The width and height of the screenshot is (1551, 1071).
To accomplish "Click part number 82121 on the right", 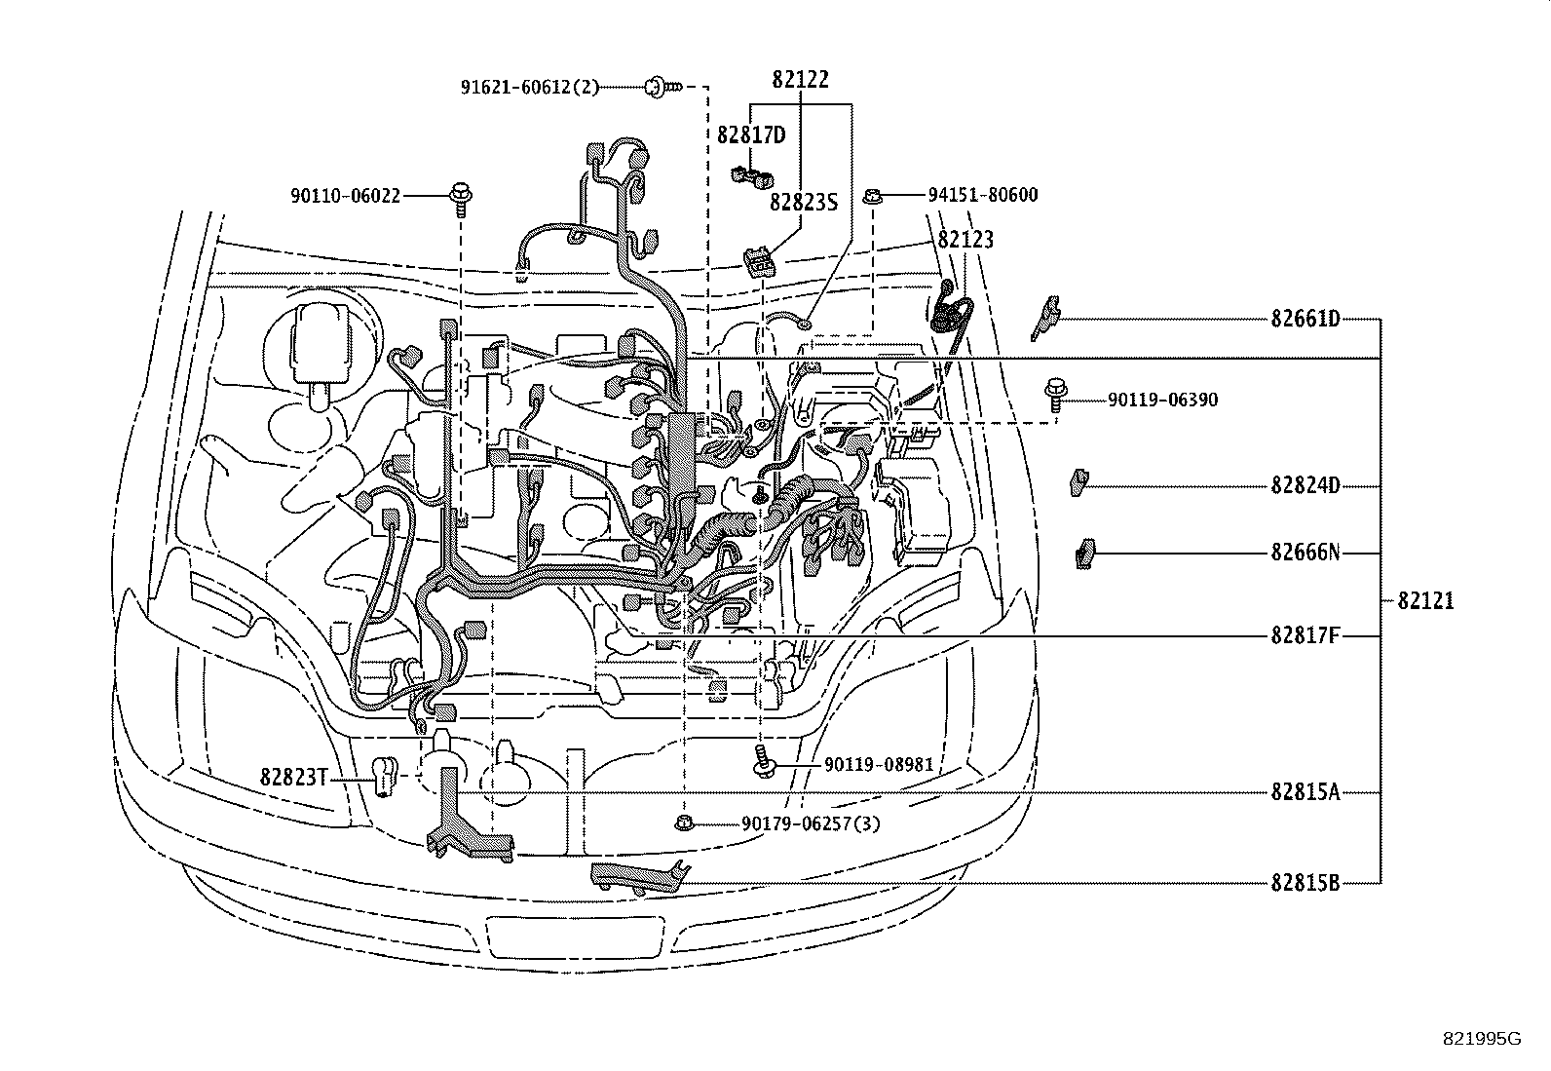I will coord(1424,601).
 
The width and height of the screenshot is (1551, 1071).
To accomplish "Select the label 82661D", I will coord(1305,319).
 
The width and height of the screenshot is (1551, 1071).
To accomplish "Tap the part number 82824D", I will coord(1305,485).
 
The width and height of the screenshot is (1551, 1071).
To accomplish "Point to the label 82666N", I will coord(1305,553).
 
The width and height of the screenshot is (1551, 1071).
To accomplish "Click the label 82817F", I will coord(1305,635).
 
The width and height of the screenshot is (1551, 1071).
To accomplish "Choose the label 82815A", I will coord(1305,791).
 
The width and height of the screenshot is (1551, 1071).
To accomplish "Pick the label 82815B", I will coord(1305,883).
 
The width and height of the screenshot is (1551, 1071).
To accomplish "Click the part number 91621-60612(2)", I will coord(530,87).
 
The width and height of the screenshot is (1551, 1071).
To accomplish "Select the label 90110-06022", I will coord(345,196).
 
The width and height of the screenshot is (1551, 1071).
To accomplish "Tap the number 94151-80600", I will coord(982,195).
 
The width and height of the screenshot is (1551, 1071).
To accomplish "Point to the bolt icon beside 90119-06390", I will coord(1056,393).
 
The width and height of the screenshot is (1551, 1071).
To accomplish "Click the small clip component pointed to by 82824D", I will coord(1078,481).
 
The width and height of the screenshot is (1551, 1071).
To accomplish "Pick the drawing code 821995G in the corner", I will coord(1481,1039).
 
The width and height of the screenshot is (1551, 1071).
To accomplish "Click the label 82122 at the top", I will coord(800,80).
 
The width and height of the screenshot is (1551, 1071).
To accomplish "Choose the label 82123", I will coord(965,240).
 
